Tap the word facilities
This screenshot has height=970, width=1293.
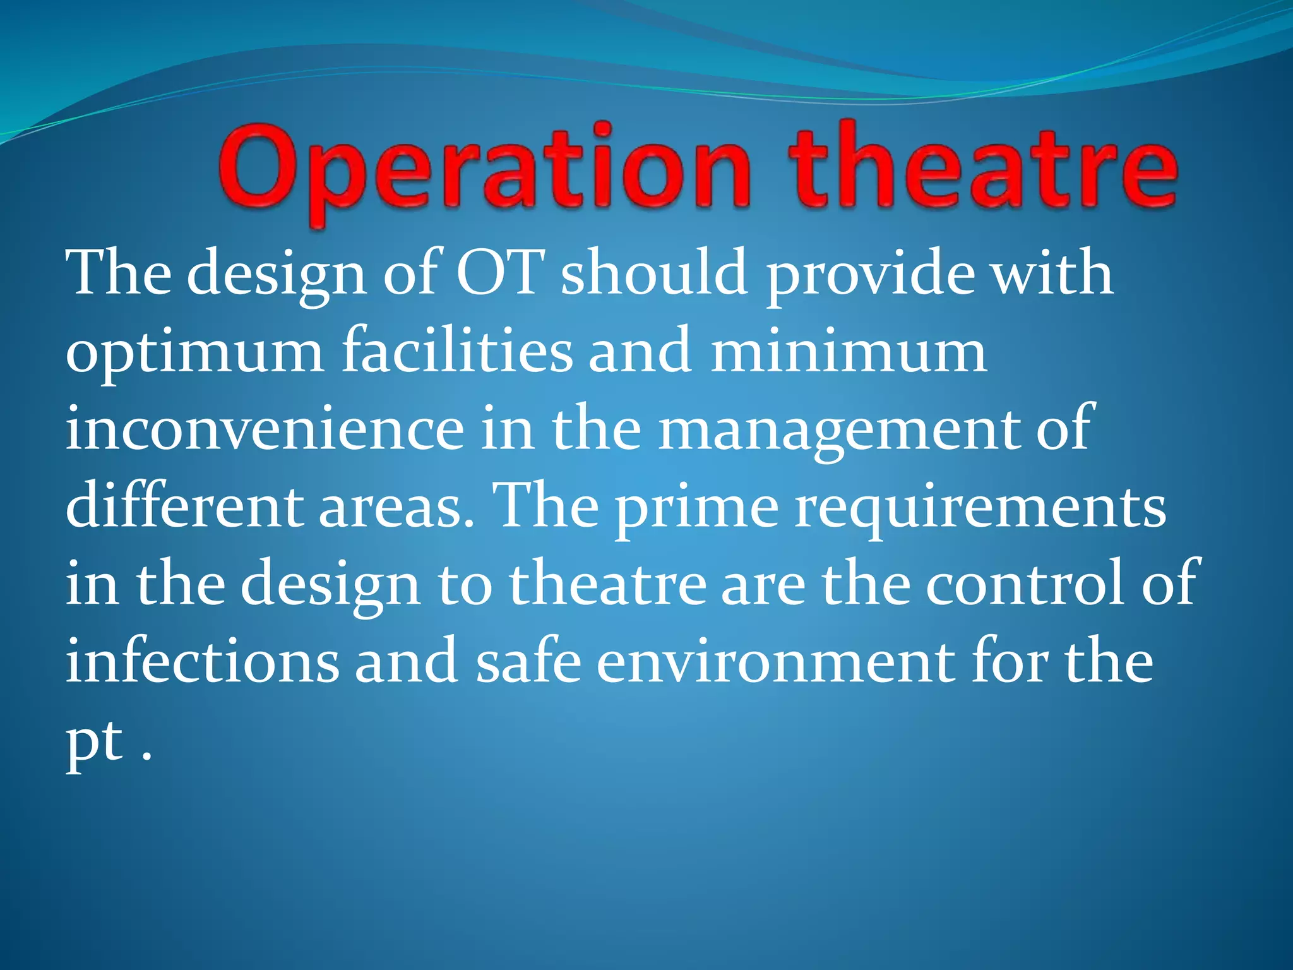(457, 351)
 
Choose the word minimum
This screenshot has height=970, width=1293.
(849, 351)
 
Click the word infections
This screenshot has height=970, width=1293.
(202, 661)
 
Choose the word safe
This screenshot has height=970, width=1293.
(528, 661)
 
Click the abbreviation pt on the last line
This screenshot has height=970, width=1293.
(95, 743)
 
